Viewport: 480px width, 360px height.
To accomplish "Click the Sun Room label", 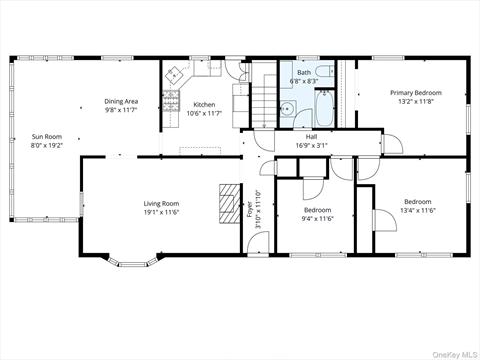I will point(46,137).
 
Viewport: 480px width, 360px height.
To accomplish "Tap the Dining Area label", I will point(121,101).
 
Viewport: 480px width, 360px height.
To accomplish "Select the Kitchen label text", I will point(204,104).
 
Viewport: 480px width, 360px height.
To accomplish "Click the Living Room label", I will point(160,204).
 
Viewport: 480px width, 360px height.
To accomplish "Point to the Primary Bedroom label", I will point(415,93).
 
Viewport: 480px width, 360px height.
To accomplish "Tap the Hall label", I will point(311,138).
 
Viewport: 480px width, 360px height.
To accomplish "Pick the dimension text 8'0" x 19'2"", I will point(46,145).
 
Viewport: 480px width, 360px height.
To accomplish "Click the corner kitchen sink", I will point(174,73).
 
